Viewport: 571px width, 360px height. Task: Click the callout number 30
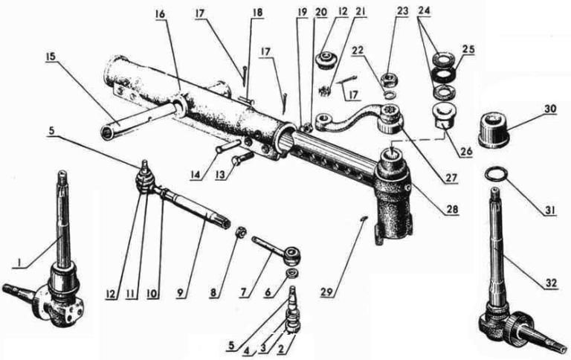coord(550,109)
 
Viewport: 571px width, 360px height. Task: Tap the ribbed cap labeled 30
coord(493,130)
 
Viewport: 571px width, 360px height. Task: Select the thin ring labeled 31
coord(497,174)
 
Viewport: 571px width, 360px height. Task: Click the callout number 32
coord(551,283)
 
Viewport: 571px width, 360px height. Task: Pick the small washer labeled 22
coord(391,94)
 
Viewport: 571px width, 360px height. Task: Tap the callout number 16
coord(160,14)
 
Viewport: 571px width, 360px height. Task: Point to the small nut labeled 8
coord(240,232)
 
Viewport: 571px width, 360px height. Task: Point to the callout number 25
coord(468,50)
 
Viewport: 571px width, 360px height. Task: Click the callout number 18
coord(257,13)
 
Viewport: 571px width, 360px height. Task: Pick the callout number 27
coord(451,179)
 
